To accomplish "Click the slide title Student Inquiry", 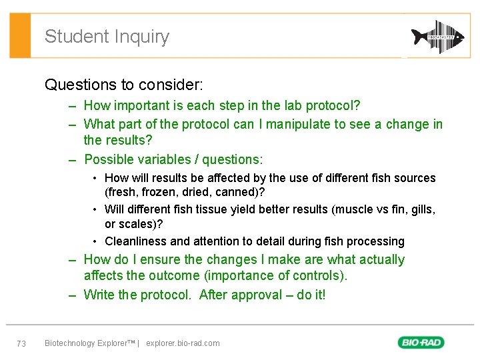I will coord(107,37).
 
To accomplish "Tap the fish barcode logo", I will coord(437,36).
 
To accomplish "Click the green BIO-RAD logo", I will coord(421,343).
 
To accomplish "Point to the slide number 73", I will coord(21,343).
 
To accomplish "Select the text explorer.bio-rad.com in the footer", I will coord(183,343).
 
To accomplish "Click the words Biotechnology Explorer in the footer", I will coord(87,343).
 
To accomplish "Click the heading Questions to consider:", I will coord(124,85).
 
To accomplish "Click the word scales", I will coord(137,223).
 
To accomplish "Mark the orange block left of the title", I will coord(21,35).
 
